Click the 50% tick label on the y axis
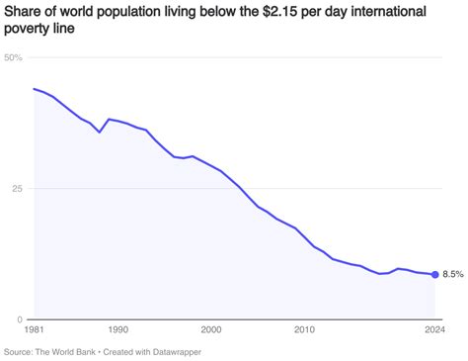pyautogui.click(x=14, y=57)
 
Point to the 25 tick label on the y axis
pyautogui.click(x=11, y=189)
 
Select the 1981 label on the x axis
pyautogui.click(x=35, y=329)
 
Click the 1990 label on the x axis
pyautogui.click(x=117, y=329)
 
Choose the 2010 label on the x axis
pyautogui.click(x=305, y=329)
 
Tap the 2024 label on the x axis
pyautogui.click(x=433, y=329)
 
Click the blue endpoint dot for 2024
pyautogui.click(x=435, y=275)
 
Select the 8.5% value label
pyautogui.click(x=452, y=275)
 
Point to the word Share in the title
pyautogui.click(x=24, y=11)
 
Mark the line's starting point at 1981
pyautogui.click(x=34, y=89)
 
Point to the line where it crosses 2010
pyautogui.click(x=305, y=236)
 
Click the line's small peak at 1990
pyautogui.click(x=110, y=119)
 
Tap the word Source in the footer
pyautogui.click(x=19, y=351)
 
